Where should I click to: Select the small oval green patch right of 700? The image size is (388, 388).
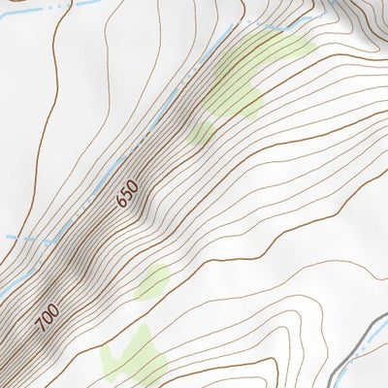click(x=152, y=282)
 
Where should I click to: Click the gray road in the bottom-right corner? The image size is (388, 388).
click(x=364, y=339)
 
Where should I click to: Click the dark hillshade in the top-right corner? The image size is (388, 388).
click(x=364, y=19)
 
